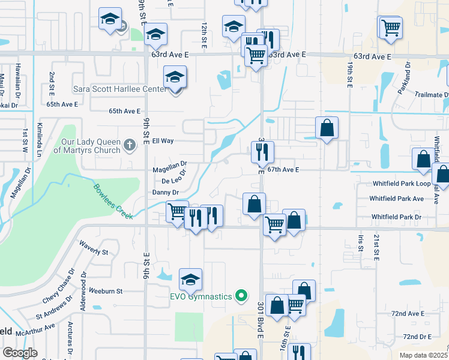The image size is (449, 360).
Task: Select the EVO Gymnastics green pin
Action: tap(241, 295)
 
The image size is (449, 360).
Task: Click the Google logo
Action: tap(20, 353)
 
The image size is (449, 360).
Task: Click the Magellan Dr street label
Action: tap(170, 163)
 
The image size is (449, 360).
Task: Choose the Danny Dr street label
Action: tap(166, 192)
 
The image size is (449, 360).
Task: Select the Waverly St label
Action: tap(93, 251)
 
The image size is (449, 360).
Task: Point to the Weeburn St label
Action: tap(106, 291)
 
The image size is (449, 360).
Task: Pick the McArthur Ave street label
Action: tap(35, 330)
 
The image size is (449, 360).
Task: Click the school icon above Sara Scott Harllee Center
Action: tap(175, 77)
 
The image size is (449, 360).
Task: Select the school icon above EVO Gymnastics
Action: tap(191, 280)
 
